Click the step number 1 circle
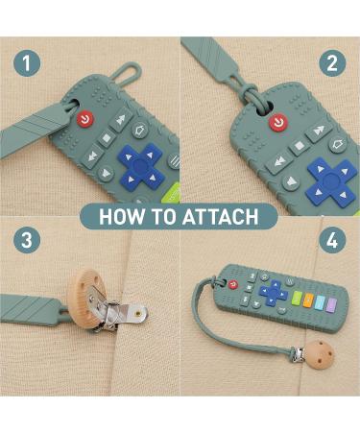27,62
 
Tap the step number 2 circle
332,62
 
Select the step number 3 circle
27,240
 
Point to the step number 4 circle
332,240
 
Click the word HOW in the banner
122,217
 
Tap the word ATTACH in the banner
220,217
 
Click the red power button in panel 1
85,120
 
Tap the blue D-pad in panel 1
141,166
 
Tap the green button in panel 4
297,299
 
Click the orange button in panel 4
308,300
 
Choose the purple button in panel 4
332,305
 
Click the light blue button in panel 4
320,302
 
